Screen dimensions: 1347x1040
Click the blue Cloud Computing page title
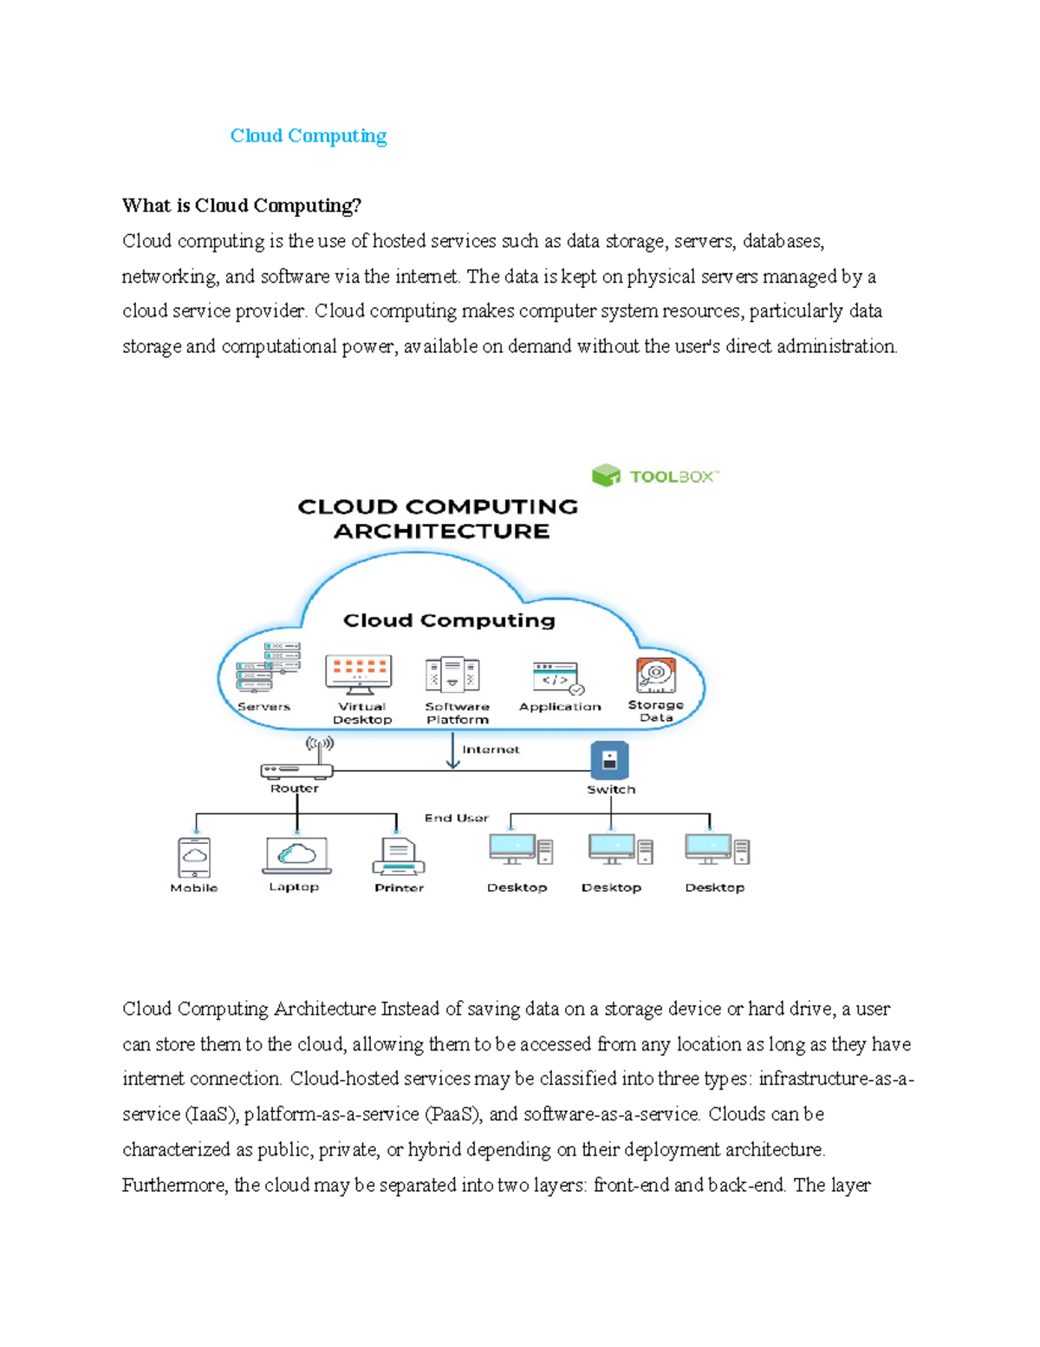[x=308, y=136]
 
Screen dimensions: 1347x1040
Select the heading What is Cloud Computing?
[x=241, y=206]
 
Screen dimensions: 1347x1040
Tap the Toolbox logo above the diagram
[x=654, y=475]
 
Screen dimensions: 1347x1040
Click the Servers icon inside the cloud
[x=268, y=667]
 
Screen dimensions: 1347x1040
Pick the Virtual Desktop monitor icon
[x=359, y=674]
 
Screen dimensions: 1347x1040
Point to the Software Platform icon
[x=452, y=674]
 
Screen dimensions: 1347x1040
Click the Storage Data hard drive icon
[x=656, y=675]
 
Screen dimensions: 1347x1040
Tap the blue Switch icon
[x=609, y=760]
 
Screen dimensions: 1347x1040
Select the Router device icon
[x=296, y=768]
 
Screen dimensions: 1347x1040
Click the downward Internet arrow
[x=452, y=751]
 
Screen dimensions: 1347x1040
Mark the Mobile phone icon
[x=194, y=857]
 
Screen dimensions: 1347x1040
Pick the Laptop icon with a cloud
[x=296, y=856]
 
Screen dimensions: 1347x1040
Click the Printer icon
[x=398, y=857]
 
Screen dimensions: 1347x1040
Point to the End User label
[x=456, y=818]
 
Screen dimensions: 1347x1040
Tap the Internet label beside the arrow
[x=491, y=749]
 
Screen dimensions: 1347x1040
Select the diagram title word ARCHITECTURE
[x=441, y=531]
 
